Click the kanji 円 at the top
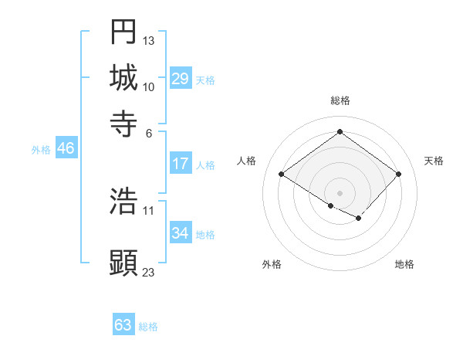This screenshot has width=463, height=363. click(x=123, y=32)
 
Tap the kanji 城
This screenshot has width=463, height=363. click(x=123, y=77)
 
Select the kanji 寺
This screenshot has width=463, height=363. click(x=123, y=123)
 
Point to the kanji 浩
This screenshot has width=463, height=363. click(x=123, y=201)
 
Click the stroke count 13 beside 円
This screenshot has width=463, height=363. click(x=149, y=40)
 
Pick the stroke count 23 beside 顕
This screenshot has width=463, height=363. click(x=149, y=272)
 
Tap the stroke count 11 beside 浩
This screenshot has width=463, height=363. click(x=149, y=209)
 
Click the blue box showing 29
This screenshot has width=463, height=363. click(x=181, y=79)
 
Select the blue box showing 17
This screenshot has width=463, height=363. click(x=181, y=164)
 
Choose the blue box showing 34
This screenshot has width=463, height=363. click(x=181, y=233)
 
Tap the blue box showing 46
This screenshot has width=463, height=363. click(x=66, y=149)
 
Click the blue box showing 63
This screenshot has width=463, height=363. click(x=123, y=325)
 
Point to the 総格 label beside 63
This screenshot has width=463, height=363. click(x=148, y=327)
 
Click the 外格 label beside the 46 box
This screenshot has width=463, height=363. click(x=41, y=150)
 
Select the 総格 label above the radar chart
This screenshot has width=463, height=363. click(x=340, y=100)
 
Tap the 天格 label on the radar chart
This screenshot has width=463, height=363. click(x=434, y=161)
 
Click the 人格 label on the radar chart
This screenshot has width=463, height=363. click(x=247, y=161)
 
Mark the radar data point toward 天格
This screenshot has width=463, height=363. click(x=398, y=175)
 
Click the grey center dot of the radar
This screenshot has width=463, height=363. click(x=340, y=192)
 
